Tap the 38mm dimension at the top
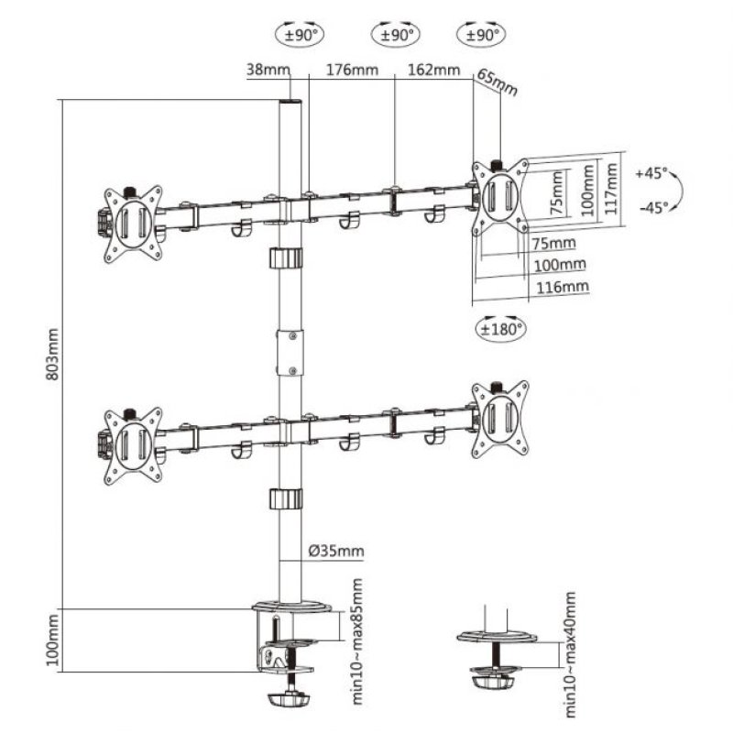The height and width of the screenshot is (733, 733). pyautogui.click(x=267, y=70)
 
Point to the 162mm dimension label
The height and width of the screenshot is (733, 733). pyautogui.click(x=432, y=70)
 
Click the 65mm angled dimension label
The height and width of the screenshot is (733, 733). pyautogui.click(x=498, y=83)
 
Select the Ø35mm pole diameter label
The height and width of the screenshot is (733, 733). pyautogui.click(x=336, y=551)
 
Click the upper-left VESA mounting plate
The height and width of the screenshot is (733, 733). pyautogui.click(x=131, y=222)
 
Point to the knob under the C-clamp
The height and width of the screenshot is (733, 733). pyautogui.click(x=290, y=698)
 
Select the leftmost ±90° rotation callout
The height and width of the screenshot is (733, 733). pyautogui.click(x=299, y=36)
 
